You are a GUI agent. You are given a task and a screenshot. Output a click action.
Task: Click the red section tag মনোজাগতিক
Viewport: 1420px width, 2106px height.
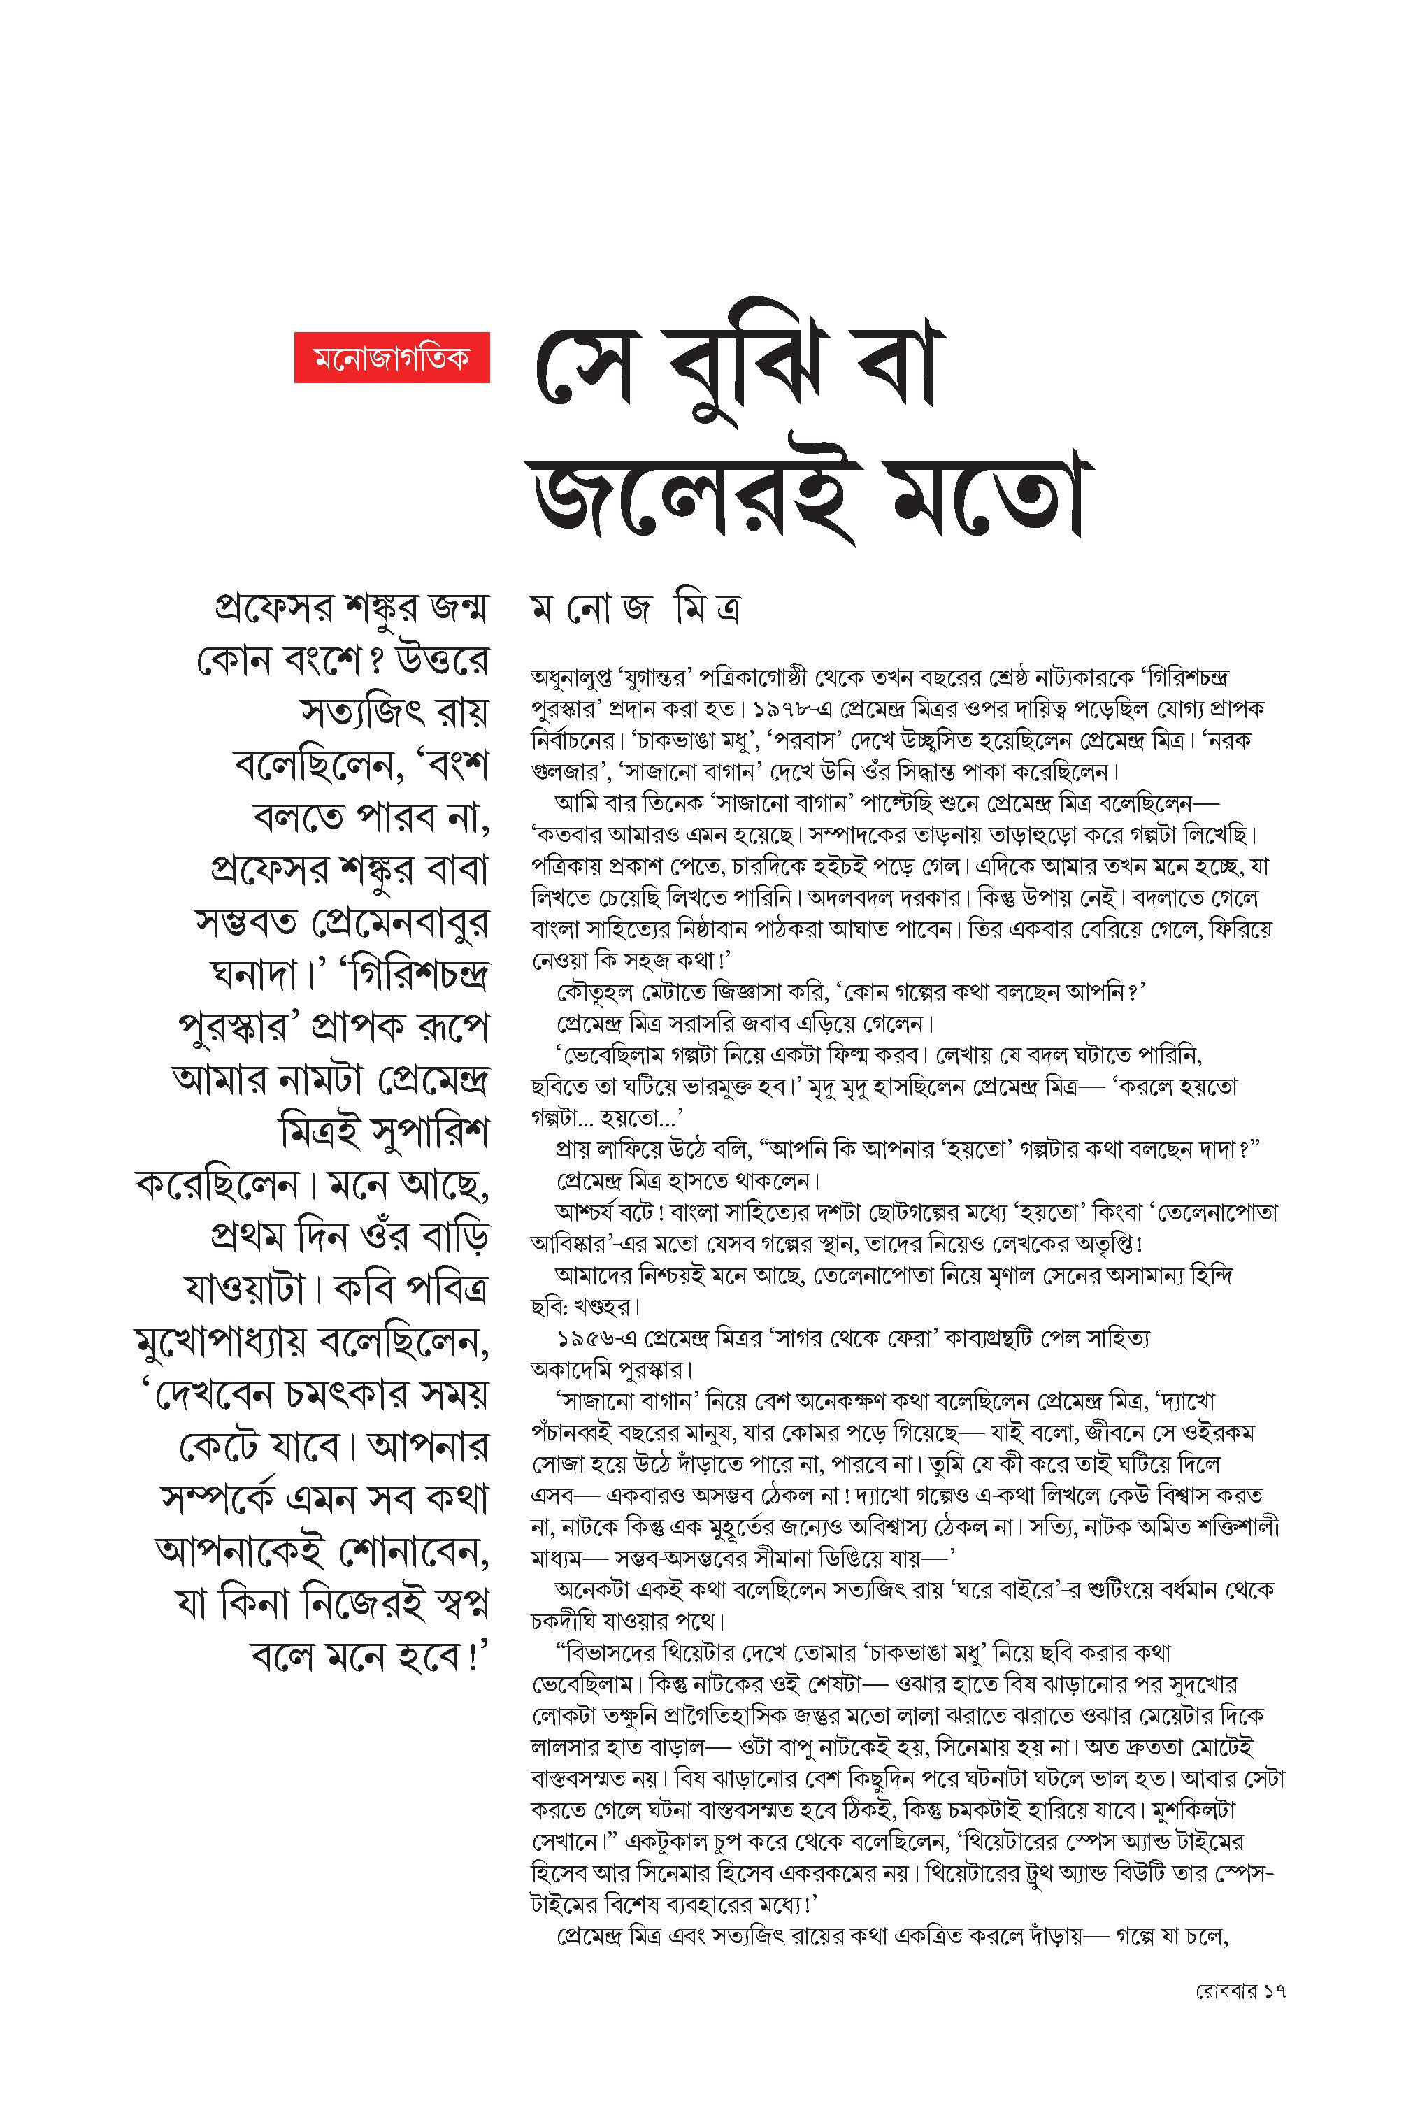point(392,357)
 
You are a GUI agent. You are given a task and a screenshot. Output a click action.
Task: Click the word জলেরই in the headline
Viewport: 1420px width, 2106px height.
point(693,500)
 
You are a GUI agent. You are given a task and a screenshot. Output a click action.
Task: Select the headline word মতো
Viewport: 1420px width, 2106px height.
point(982,500)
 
